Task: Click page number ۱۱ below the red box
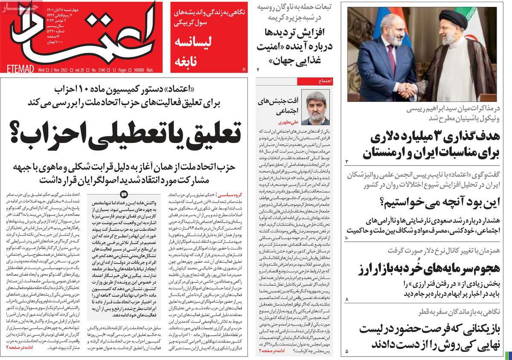(x=244, y=69)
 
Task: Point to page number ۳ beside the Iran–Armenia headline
(x=347, y=162)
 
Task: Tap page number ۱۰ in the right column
(x=347, y=237)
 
